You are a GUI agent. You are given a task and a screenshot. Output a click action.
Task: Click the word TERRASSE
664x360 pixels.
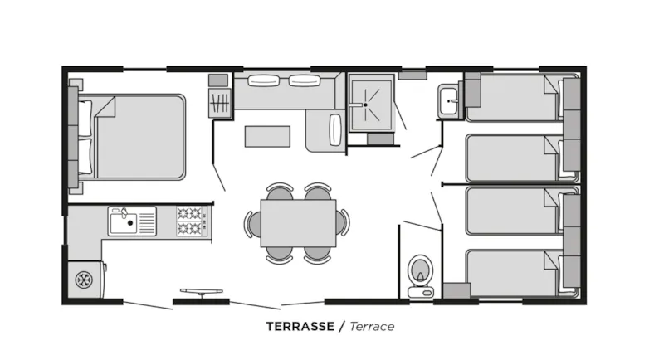click(x=300, y=326)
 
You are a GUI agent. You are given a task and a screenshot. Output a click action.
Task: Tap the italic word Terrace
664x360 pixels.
click(x=371, y=326)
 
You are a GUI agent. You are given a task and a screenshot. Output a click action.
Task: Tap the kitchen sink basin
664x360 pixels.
click(x=122, y=221)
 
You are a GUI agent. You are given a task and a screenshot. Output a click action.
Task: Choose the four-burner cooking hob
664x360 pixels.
click(x=190, y=221)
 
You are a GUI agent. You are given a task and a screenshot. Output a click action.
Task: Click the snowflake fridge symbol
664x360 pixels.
click(x=83, y=280)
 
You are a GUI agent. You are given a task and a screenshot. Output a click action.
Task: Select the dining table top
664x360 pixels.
click(x=299, y=223)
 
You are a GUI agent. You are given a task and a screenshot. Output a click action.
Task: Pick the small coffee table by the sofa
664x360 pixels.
click(x=267, y=135)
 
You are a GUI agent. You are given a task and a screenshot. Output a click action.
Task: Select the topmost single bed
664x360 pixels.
click(x=510, y=96)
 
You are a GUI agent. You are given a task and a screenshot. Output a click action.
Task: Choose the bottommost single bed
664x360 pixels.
click(x=510, y=271)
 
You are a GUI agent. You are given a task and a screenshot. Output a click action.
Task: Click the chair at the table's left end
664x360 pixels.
click(x=251, y=223)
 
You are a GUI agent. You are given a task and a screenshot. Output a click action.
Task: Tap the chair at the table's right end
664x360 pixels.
click(x=344, y=223)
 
